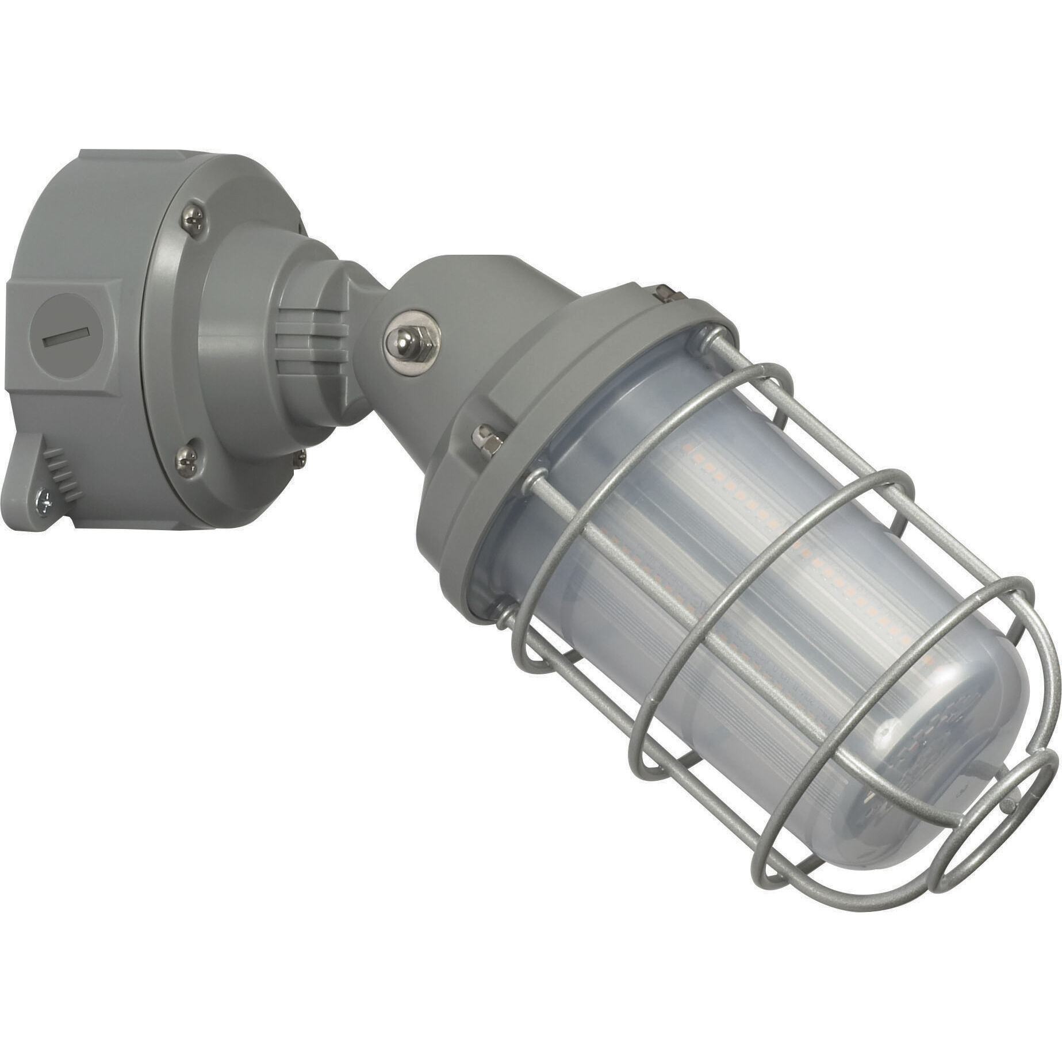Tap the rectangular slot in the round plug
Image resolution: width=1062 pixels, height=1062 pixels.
point(67,337)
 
